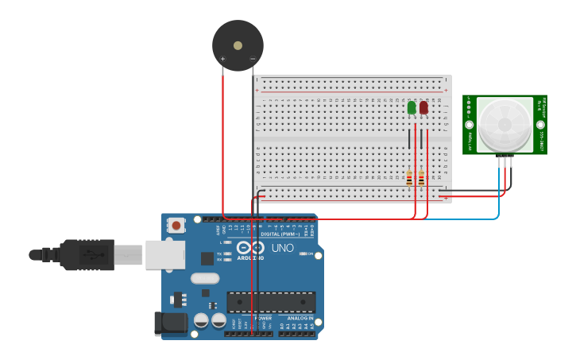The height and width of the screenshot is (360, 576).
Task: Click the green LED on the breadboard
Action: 412,107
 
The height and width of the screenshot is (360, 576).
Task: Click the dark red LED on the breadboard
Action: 423,107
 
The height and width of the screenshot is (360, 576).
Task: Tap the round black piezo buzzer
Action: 238,45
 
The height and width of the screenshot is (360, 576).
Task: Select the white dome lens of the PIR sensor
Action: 504,124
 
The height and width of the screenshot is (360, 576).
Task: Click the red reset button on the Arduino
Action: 176,226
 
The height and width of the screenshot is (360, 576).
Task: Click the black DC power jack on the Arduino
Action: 170,323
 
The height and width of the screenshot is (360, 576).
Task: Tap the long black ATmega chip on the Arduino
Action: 271,302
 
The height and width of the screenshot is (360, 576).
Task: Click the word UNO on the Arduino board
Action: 283,248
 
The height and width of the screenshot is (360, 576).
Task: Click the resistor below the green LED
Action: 409,179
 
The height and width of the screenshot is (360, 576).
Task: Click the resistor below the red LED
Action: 421,179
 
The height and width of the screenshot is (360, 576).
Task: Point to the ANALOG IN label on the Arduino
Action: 300,318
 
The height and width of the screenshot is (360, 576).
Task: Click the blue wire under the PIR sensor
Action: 499,191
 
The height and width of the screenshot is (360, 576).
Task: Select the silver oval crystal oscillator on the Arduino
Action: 204,278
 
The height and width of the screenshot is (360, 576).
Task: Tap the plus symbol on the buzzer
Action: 222,59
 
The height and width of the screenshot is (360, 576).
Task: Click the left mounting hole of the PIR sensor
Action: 470,125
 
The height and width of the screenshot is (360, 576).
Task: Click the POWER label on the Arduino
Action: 263,318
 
